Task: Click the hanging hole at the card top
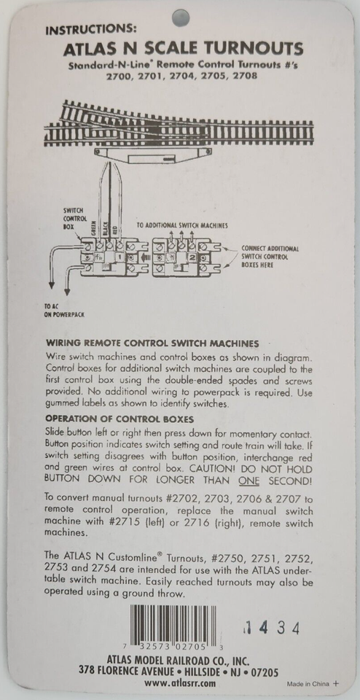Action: point(180,17)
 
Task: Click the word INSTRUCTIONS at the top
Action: point(90,31)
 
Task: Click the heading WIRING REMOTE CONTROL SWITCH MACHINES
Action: point(152,342)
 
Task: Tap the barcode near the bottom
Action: point(172,626)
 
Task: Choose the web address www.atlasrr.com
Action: point(179,683)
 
